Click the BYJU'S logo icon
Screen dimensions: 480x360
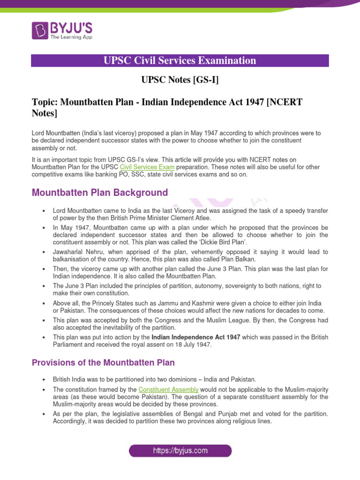[40, 30]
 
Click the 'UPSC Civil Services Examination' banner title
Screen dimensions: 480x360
[180, 60]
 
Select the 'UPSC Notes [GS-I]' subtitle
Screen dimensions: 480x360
[180, 80]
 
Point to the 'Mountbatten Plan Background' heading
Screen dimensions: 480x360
[99, 193]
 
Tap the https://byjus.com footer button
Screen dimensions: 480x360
[180, 451]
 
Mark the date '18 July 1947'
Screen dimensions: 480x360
[194, 345]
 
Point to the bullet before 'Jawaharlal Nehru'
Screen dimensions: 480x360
[43, 252]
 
